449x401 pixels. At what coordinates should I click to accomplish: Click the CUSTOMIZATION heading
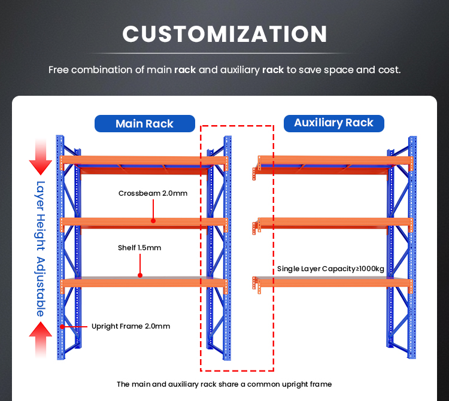pyautogui.click(x=224, y=34)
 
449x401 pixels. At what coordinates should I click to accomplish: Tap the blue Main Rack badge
pyautogui.click(x=145, y=123)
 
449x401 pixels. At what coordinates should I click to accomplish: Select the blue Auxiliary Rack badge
pyautogui.click(x=333, y=123)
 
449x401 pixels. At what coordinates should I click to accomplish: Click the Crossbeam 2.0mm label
pyautogui.click(x=153, y=193)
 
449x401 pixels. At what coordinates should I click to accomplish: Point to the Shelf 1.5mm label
pyautogui.click(x=139, y=248)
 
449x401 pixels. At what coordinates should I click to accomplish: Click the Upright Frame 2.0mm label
pyautogui.click(x=131, y=326)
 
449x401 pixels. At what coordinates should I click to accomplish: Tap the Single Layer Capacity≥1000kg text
pyautogui.click(x=330, y=269)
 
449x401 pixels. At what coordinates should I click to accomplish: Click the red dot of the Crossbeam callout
pyautogui.click(x=153, y=221)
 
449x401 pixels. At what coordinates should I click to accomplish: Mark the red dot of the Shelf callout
pyautogui.click(x=140, y=275)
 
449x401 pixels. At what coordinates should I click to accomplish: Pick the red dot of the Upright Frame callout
pyautogui.click(x=62, y=327)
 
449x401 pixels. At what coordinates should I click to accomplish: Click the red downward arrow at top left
pyautogui.click(x=41, y=157)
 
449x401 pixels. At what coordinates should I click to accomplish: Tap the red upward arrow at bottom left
pyautogui.click(x=41, y=340)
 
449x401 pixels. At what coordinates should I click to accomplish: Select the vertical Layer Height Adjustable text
pyautogui.click(x=41, y=249)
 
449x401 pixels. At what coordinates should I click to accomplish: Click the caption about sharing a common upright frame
pyautogui.click(x=224, y=384)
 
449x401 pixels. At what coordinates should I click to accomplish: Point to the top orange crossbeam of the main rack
pyautogui.click(x=144, y=160)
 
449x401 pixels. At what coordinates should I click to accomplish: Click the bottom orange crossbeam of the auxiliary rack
pyautogui.click(x=334, y=282)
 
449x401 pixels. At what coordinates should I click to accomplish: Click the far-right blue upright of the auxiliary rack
pyautogui.click(x=412, y=247)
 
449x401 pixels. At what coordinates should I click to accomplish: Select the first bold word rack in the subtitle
pyautogui.click(x=185, y=70)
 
